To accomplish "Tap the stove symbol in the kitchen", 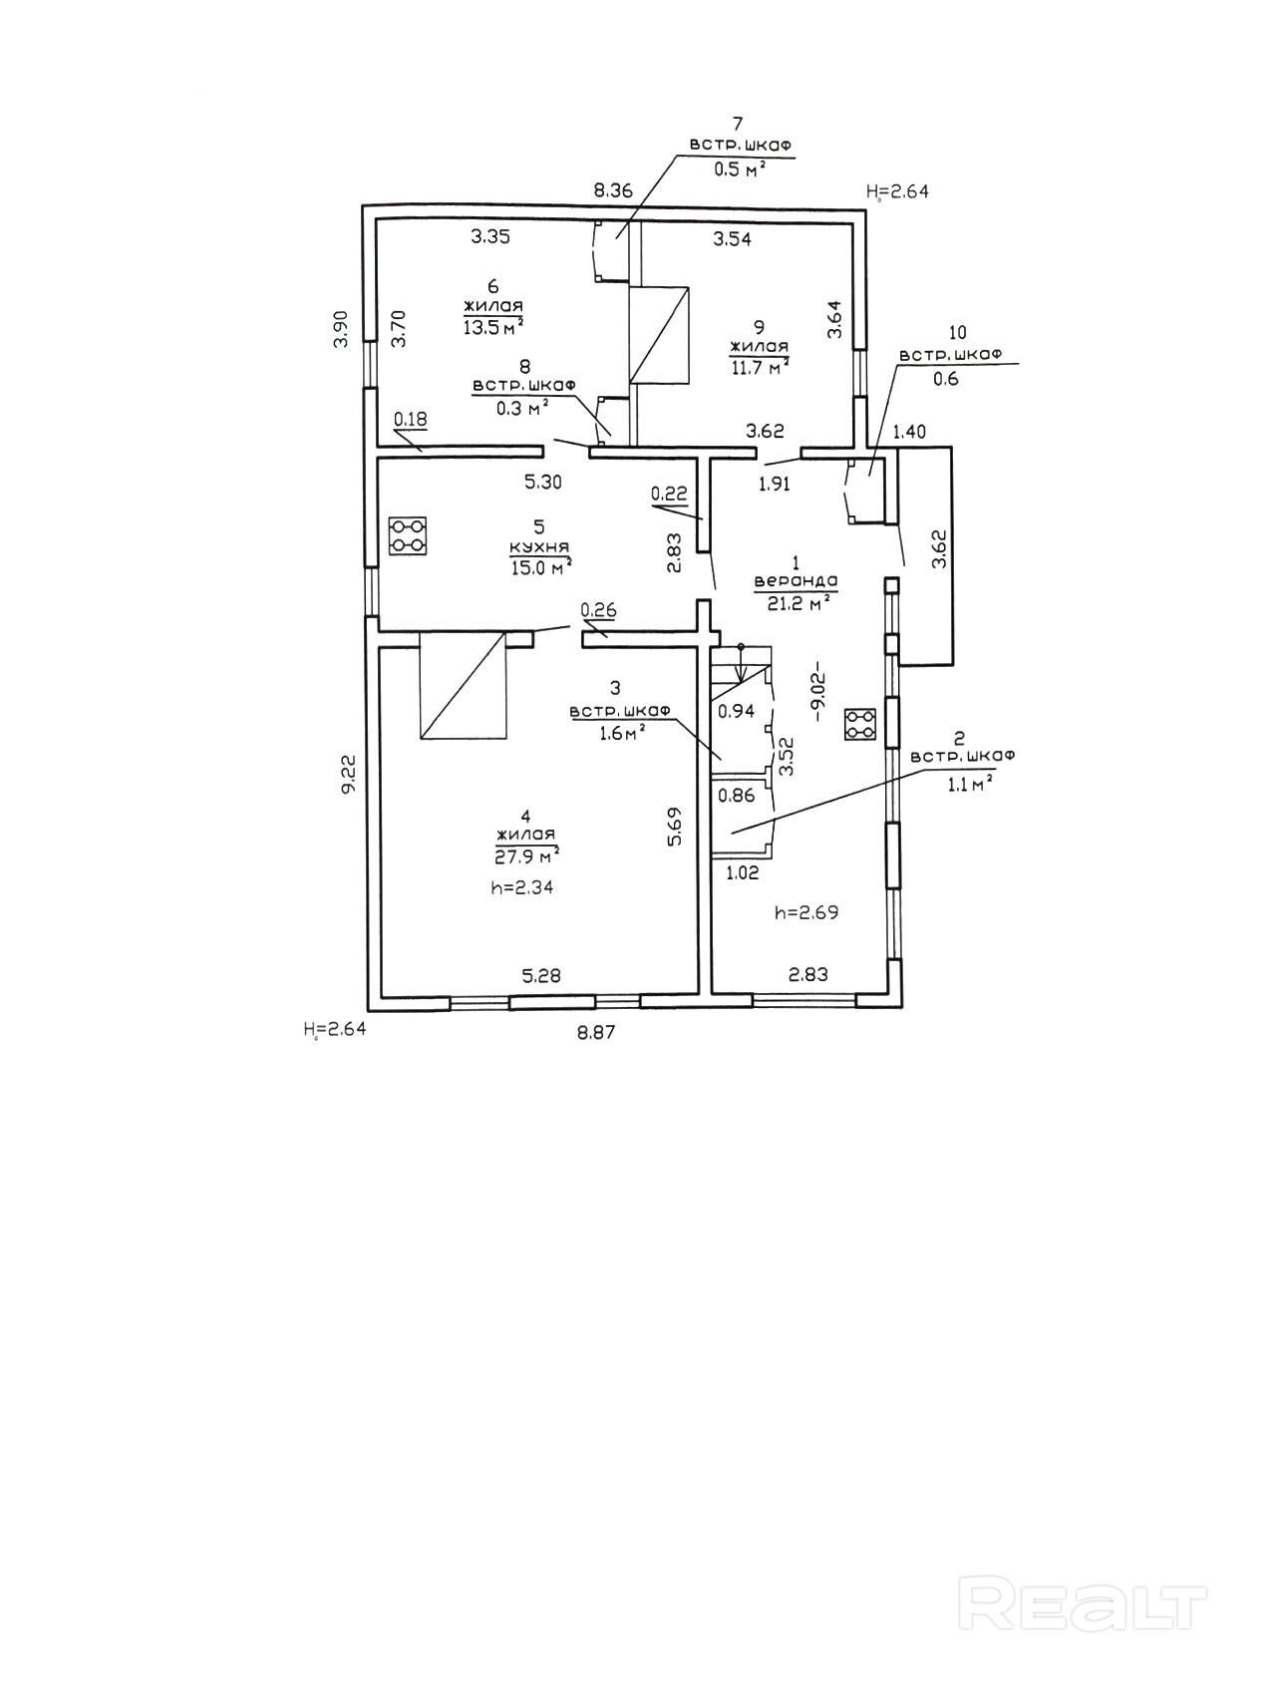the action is pos(407,534).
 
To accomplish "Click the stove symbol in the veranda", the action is pos(860,725).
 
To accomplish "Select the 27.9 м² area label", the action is pos(526,856).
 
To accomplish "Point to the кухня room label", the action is pos(539,546).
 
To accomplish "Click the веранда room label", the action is pos(796,580).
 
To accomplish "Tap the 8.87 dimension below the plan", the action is pos(596,1033).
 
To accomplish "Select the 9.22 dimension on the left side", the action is pos(346,774).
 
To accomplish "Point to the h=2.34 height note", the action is pos(522,888).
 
